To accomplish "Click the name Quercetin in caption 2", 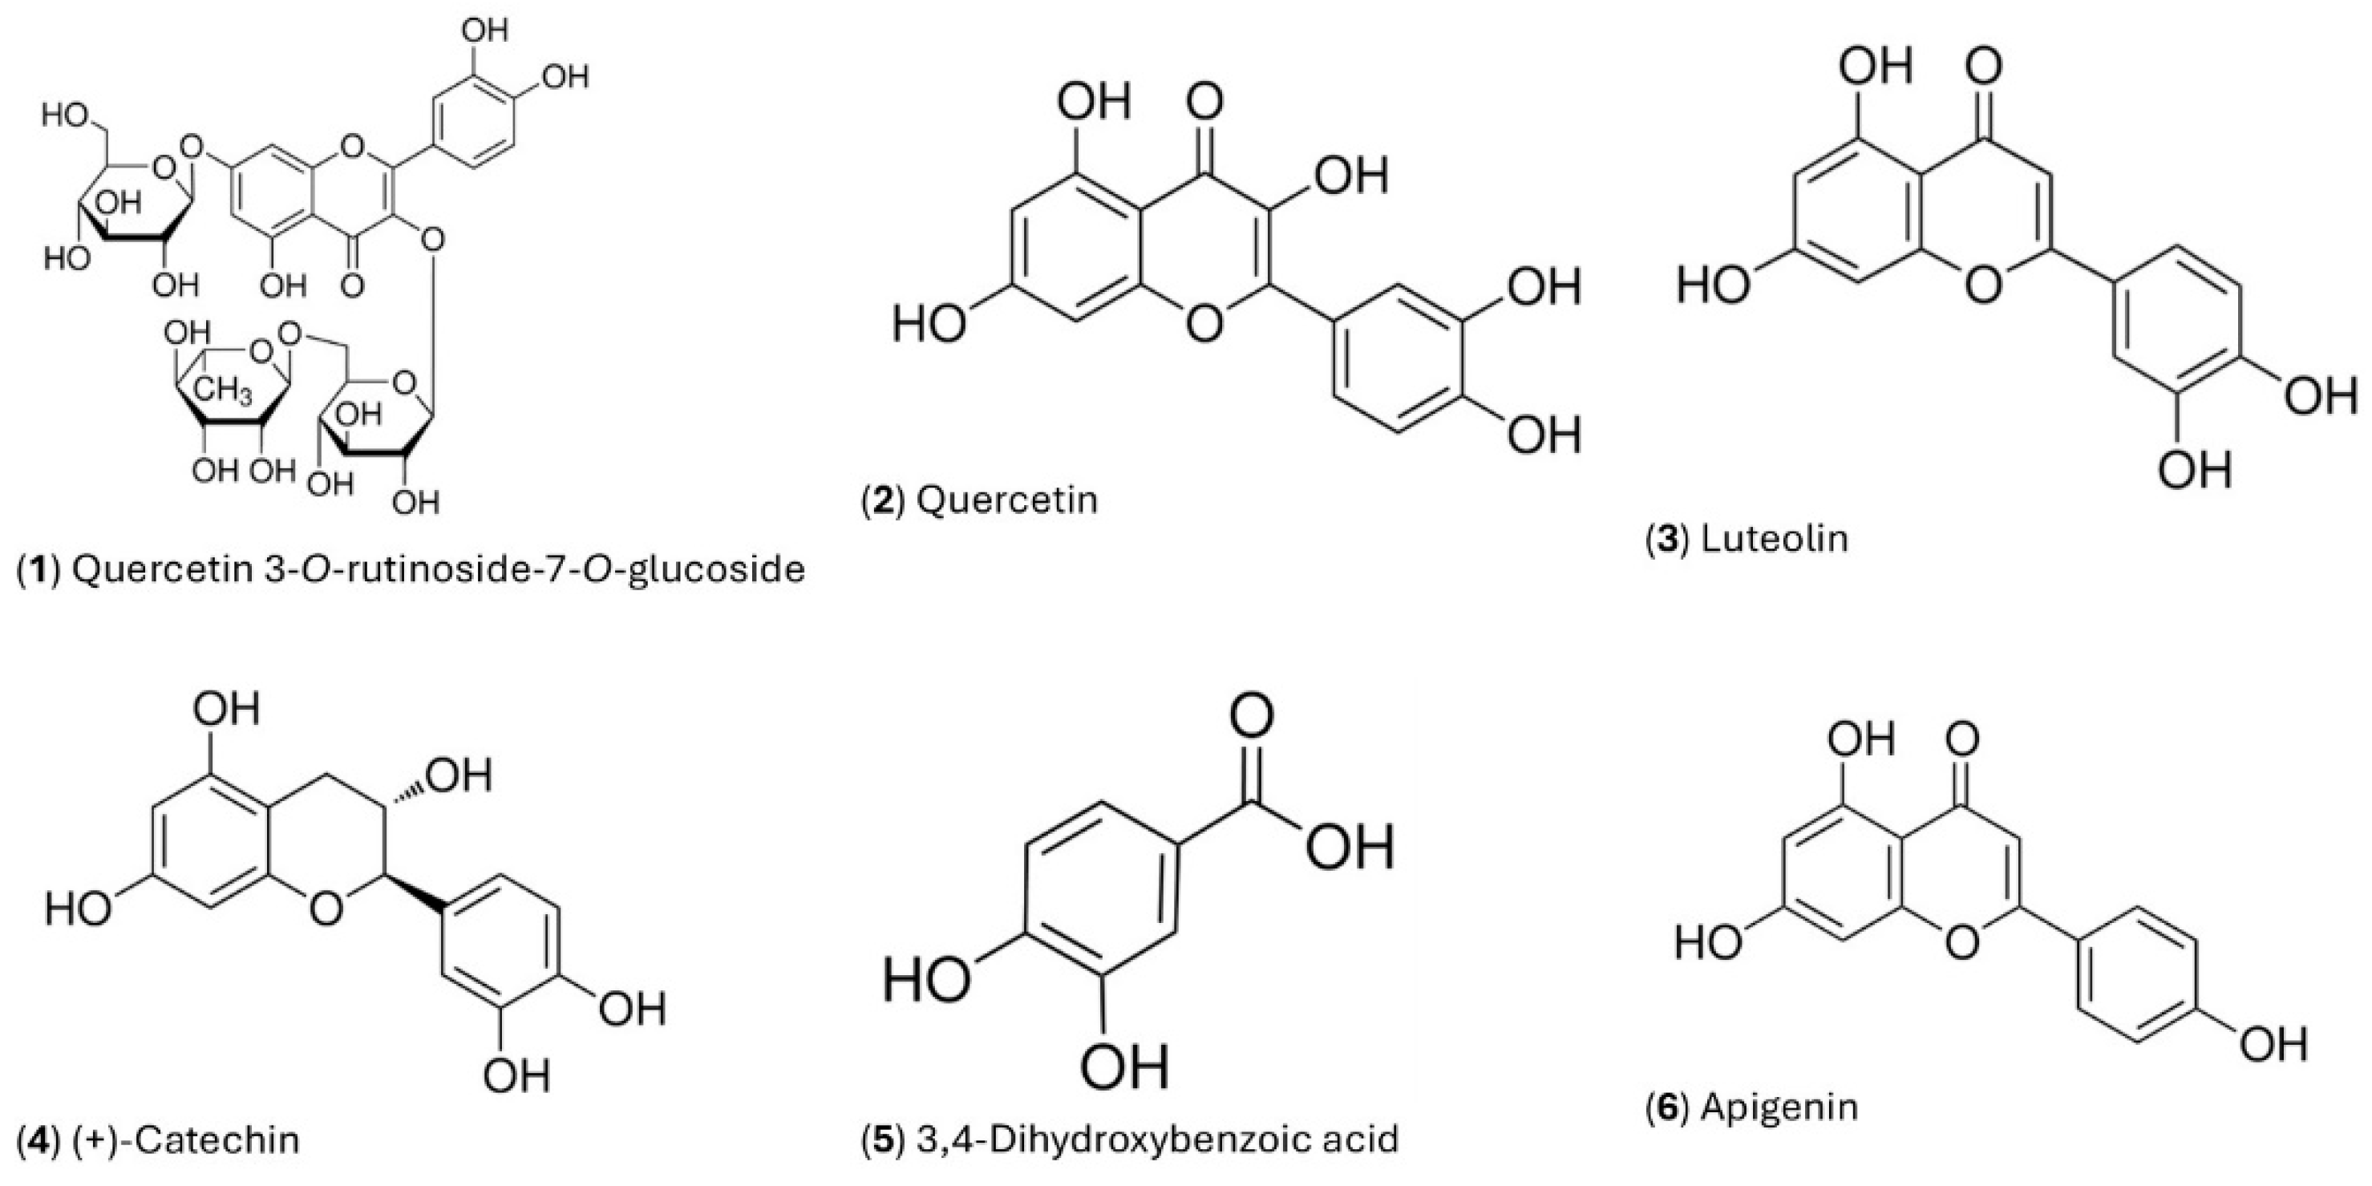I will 1007,500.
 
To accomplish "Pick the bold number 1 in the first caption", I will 38,570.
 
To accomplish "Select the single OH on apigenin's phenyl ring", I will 2274,1044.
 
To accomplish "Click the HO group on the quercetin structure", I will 928,324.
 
